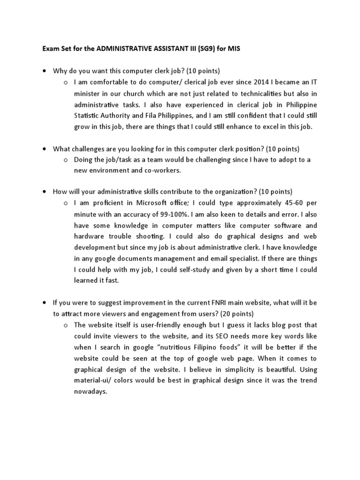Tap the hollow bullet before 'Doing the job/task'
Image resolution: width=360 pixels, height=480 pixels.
pos(66,159)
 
